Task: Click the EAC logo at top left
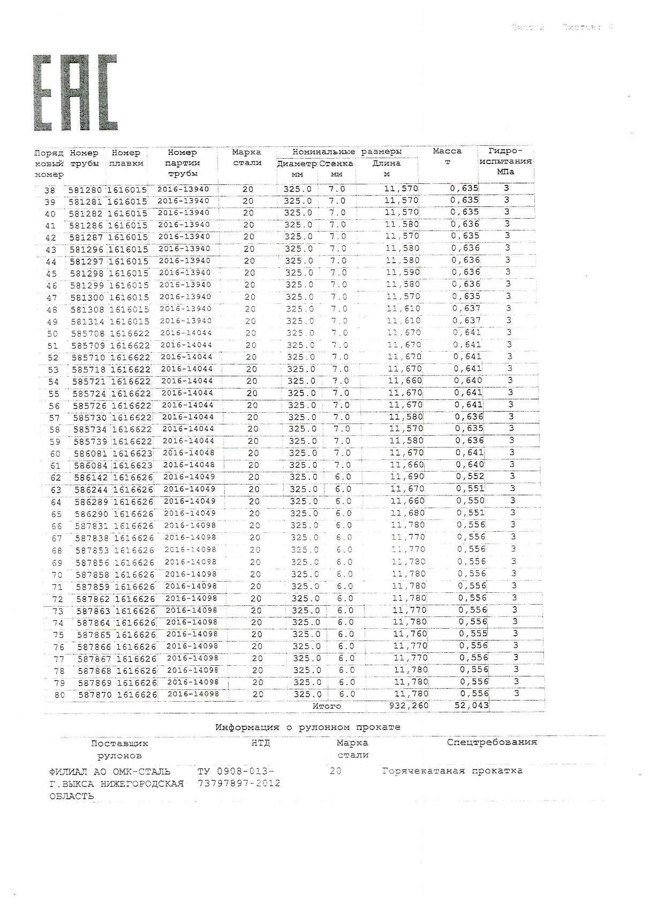point(75,92)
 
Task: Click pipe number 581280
point(85,190)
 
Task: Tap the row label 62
point(56,478)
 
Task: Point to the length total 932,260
point(409,705)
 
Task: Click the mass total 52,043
point(471,705)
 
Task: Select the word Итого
point(327,706)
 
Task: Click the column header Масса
point(447,151)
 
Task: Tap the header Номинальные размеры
point(347,152)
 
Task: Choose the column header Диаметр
point(297,163)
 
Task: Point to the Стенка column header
point(336,163)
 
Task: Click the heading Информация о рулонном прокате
point(308,727)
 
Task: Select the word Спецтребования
point(492,742)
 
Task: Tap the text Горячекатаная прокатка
point(452,771)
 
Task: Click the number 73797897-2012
point(239,783)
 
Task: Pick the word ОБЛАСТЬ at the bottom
point(72,796)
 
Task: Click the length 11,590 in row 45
point(403,272)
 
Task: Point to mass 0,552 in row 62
point(470,476)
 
